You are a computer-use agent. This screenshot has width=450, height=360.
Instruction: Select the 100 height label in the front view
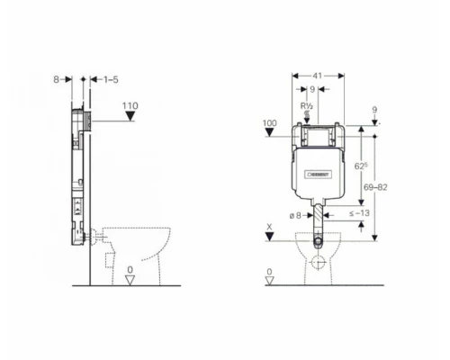pyautogui.click(x=270, y=121)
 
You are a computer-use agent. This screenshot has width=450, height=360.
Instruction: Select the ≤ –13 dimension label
pyautogui.click(x=359, y=213)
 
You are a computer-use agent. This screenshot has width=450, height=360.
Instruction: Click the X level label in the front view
pyautogui.click(x=270, y=227)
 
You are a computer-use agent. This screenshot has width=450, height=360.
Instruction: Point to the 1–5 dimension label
pyautogui.click(x=110, y=80)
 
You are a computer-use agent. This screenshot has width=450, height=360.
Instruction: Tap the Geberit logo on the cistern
pyautogui.click(x=320, y=174)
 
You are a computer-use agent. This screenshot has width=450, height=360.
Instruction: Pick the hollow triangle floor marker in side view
pyautogui.click(x=130, y=281)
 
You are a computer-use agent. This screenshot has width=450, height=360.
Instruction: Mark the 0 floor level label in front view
pyautogui.click(x=270, y=271)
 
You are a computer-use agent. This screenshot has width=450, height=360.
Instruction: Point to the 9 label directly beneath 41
pyautogui.click(x=311, y=90)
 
